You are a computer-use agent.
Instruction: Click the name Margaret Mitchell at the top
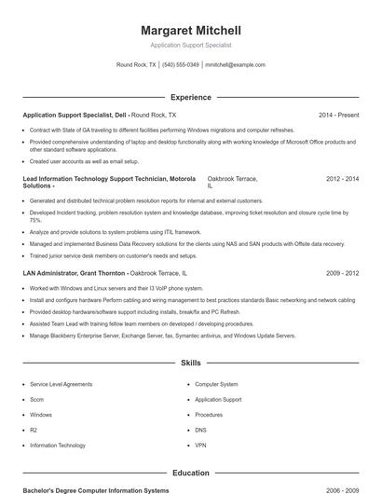190,30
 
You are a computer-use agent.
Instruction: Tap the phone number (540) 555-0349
181,65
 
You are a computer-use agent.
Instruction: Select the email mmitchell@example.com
235,65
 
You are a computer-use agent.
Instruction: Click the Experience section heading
190,97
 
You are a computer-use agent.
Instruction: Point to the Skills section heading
190,362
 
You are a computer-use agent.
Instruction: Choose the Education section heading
190,473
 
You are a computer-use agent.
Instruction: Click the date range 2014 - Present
338,115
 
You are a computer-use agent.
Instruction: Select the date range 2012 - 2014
342,178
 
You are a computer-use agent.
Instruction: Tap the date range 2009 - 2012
342,273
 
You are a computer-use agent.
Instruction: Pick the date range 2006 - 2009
342,489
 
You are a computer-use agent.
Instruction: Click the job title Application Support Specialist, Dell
75,115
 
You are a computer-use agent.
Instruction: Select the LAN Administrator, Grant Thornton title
74,273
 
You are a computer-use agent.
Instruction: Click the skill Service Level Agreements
61,384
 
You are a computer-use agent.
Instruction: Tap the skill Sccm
38,399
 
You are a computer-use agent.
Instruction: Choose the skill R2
34,430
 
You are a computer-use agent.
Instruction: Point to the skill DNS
200,430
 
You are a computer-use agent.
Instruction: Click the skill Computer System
216,384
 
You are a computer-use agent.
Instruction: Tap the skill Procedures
209,415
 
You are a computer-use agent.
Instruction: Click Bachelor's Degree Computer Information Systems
96,489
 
